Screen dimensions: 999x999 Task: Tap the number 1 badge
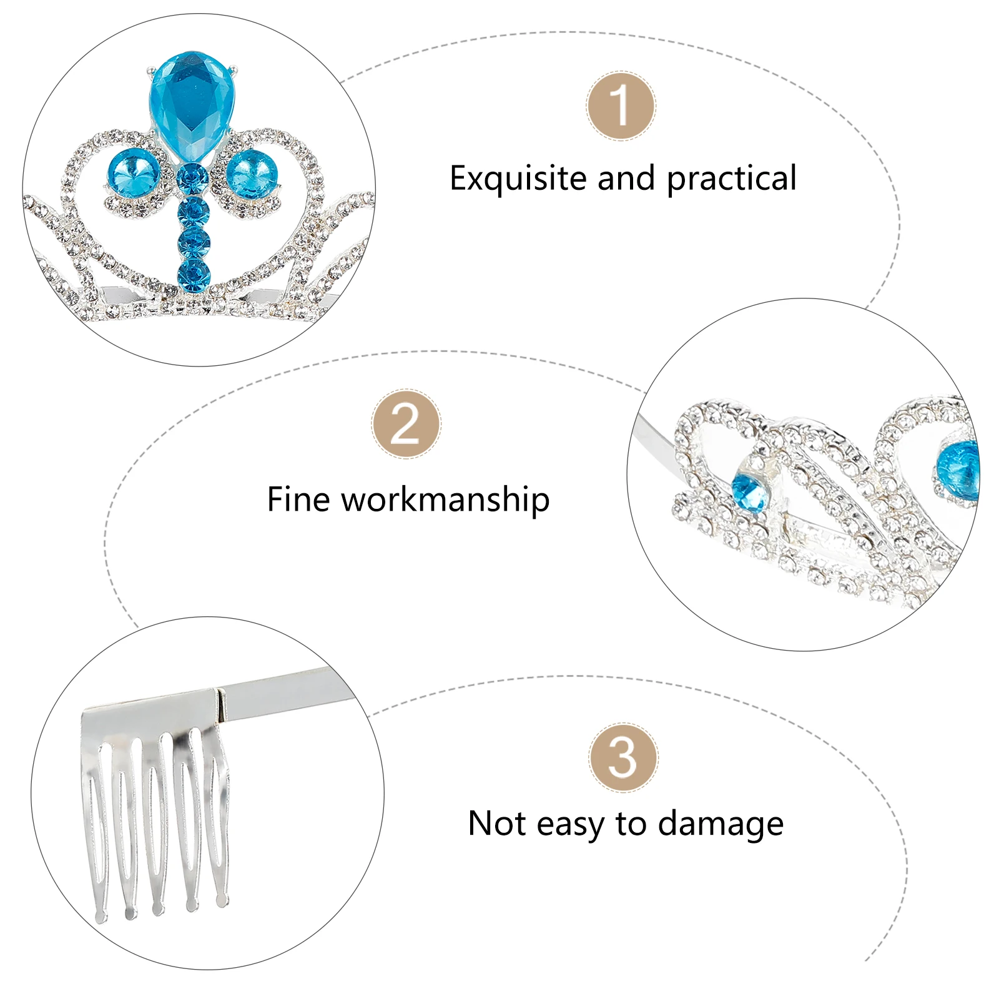tap(621, 106)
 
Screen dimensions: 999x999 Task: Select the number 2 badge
tap(406, 424)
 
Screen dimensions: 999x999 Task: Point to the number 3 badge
tap(623, 758)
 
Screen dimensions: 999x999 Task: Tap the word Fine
tap(298, 499)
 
